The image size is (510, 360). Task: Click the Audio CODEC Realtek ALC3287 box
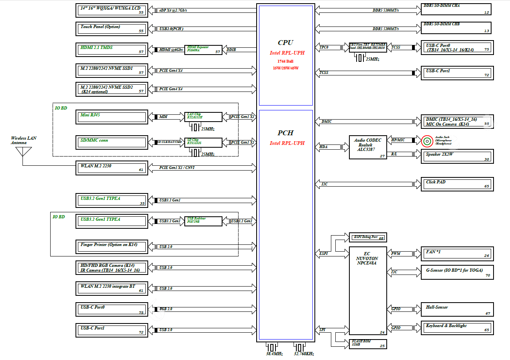click(368, 146)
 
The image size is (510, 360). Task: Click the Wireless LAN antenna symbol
click(23, 152)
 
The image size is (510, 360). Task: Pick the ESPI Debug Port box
click(368, 237)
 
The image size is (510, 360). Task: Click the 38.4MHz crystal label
click(274, 354)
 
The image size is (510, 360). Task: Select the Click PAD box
click(457, 184)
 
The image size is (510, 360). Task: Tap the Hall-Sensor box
click(457, 309)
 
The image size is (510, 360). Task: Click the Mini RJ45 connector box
click(111, 117)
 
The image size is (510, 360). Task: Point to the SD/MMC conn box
click(111, 142)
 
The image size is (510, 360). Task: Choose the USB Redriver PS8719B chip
click(203, 221)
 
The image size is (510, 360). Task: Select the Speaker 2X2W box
click(457, 156)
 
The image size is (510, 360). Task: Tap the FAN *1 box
click(457, 254)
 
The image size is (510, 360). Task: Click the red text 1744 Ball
click(286, 61)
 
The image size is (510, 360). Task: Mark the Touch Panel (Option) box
click(111, 28)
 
